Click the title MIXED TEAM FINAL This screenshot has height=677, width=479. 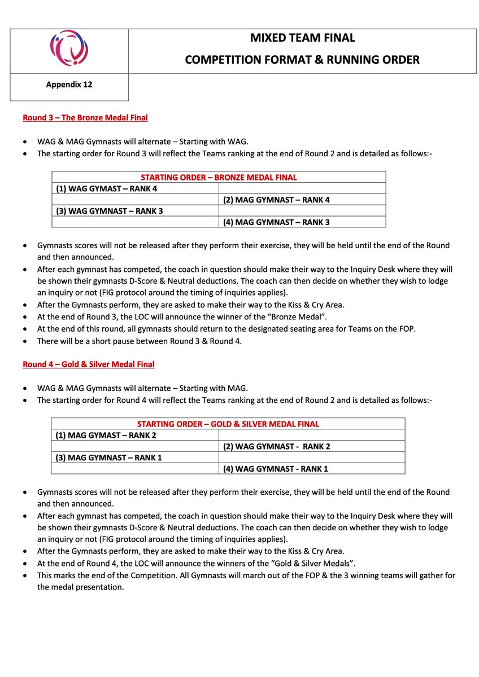(x=302, y=38)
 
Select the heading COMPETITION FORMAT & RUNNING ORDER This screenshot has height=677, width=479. (x=302, y=59)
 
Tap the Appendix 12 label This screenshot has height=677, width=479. (x=69, y=85)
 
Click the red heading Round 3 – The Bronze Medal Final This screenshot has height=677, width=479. (x=85, y=118)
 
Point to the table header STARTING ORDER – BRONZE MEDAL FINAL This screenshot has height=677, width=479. (x=219, y=177)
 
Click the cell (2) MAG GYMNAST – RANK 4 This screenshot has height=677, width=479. (x=276, y=200)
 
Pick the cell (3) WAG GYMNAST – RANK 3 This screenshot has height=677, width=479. (x=104, y=211)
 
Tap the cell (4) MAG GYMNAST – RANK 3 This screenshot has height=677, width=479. (x=276, y=222)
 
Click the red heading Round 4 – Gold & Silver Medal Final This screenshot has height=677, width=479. (x=88, y=364)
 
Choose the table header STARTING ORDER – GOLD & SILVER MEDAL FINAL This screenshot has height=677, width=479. (x=228, y=424)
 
